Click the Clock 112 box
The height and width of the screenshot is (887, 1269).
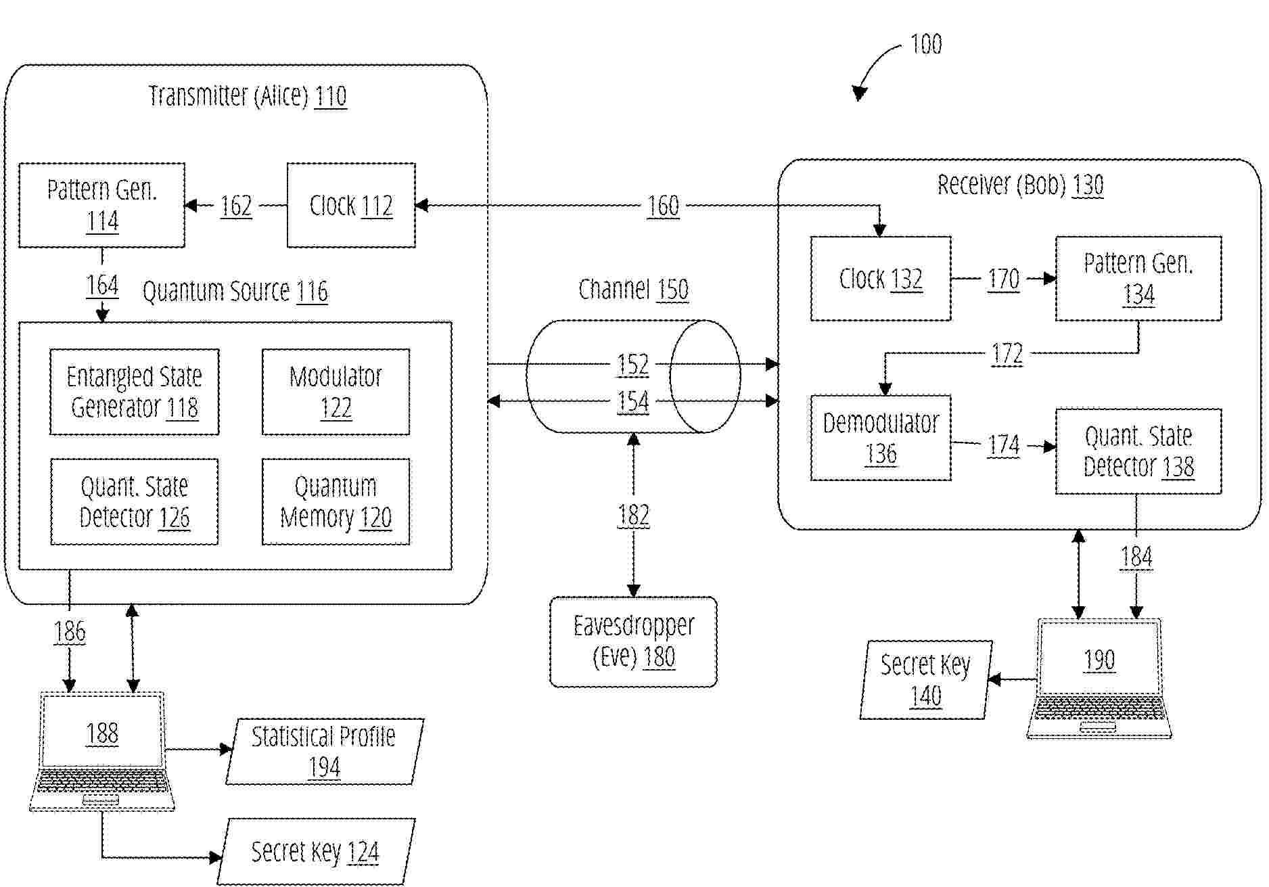351,205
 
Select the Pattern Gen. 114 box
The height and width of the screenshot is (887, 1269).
101,205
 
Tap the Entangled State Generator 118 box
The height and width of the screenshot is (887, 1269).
135,392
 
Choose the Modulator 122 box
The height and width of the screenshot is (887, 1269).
336,392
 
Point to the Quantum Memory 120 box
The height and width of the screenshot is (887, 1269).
336,501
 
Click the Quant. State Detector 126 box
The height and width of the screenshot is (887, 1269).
135,501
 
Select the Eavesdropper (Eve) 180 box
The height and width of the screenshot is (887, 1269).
633,641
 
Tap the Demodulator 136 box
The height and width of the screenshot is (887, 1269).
881,438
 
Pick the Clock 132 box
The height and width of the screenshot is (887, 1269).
881,278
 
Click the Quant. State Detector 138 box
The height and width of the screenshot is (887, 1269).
1138,451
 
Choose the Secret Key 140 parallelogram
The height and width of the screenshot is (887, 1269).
925,680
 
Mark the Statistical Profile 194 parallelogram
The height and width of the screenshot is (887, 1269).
324,752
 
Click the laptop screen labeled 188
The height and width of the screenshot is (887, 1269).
102,732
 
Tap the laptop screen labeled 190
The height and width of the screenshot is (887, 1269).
1099,659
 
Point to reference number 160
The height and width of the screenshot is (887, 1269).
663,206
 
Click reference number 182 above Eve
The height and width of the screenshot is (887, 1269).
633,516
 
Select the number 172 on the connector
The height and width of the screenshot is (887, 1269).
1007,354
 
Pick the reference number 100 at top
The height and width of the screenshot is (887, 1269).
926,44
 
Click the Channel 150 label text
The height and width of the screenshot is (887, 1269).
633,290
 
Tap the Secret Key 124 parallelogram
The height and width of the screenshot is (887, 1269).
316,852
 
